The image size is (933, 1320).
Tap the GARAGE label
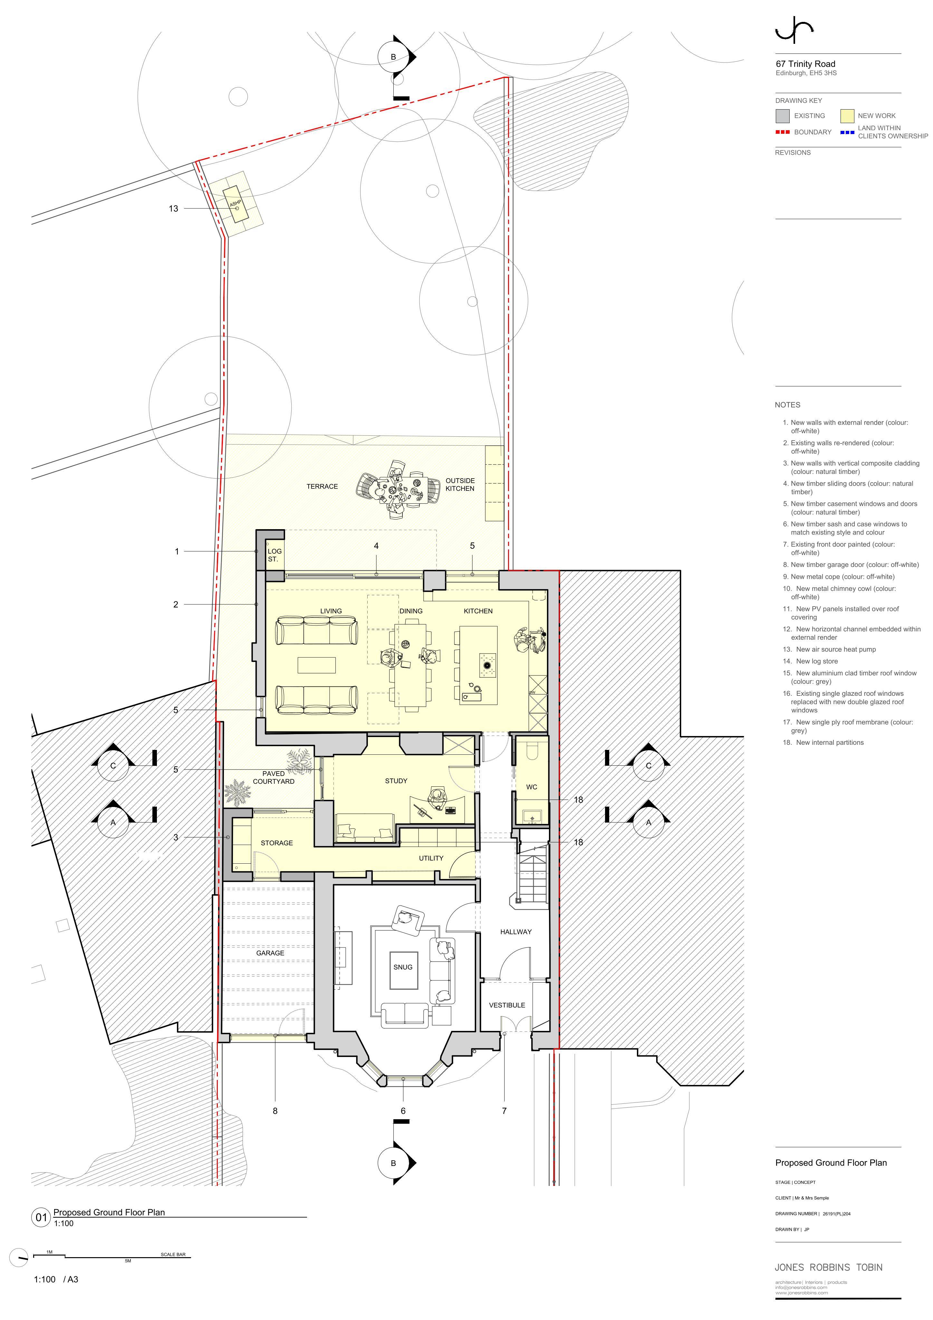click(x=270, y=953)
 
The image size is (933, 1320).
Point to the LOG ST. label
click(x=274, y=555)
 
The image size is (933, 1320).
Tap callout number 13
click(x=173, y=209)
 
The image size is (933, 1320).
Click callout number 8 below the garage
click(x=275, y=1111)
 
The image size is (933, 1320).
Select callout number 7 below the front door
click(x=504, y=1111)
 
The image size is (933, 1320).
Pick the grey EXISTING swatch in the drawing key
click(x=783, y=116)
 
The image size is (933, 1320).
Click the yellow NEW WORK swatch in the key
click(x=847, y=116)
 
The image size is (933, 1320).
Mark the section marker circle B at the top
click(x=393, y=57)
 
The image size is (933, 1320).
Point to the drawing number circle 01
click(x=41, y=1217)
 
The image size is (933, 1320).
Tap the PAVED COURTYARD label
click(x=274, y=777)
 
